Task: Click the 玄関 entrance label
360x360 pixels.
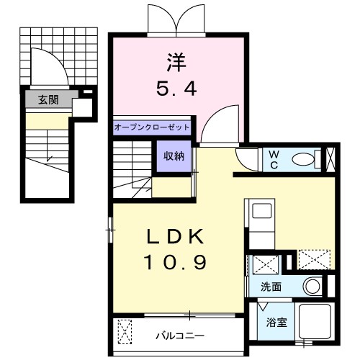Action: coord(48,99)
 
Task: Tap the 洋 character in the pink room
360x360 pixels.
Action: coord(176,62)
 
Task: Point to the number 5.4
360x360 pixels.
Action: coord(176,89)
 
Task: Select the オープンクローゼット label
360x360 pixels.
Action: coord(152,127)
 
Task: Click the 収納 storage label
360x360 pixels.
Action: coord(174,156)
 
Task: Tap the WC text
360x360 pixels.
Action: coord(274,160)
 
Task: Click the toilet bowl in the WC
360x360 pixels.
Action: coord(303,159)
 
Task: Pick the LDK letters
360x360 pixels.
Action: coord(175,236)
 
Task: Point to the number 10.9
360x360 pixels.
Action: coord(175,262)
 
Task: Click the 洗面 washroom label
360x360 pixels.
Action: coord(271,287)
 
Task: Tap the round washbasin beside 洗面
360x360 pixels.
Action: coord(312,287)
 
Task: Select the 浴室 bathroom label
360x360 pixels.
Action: coord(276,323)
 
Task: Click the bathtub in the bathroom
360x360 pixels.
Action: coord(315,321)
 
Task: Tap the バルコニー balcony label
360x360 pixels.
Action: coord(180,336)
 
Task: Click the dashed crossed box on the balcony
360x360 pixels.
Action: coord(125,331)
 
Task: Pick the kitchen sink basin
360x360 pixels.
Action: coord(262,211)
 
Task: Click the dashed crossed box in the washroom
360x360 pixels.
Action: coord(266,265)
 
